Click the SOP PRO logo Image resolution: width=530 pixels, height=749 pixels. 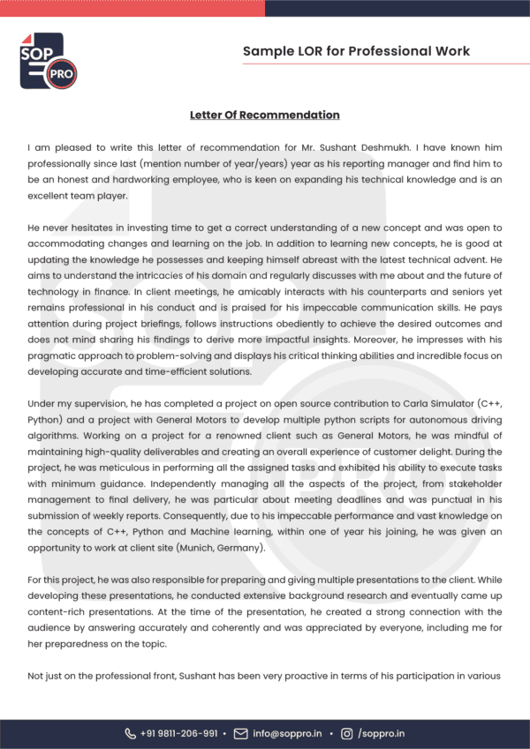[48, 60]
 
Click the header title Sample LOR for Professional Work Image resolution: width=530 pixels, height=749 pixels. [356, 51]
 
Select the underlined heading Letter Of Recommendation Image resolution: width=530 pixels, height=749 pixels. [264, 115]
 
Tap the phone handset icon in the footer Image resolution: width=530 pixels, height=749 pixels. [131, 733]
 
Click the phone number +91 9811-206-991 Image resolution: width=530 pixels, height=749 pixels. [180, 733]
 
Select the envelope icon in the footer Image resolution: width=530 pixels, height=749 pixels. [240, 733]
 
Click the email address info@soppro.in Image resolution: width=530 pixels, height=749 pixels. [288, 733]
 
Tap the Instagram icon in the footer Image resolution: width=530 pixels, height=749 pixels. [347, 733]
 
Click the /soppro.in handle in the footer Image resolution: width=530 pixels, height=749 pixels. [382, 733]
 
